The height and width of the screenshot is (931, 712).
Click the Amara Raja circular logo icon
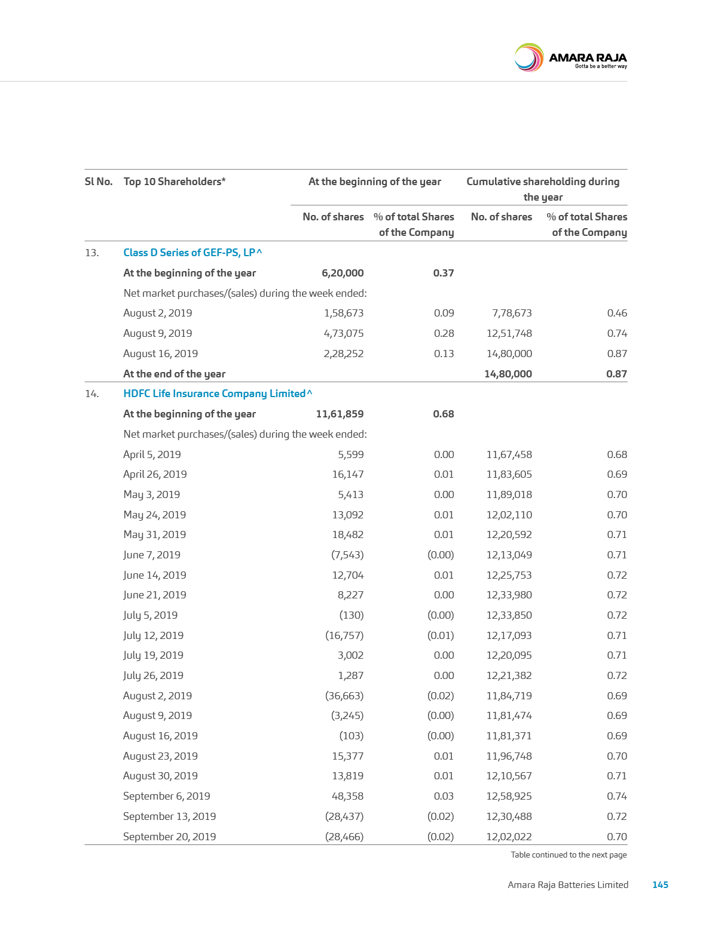point(528,58)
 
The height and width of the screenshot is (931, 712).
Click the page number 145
point(660,884)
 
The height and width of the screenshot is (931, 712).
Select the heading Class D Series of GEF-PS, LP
point(192,253)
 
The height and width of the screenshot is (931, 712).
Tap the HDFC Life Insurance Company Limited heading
point(217,394)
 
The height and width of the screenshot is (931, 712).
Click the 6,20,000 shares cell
point(342,273)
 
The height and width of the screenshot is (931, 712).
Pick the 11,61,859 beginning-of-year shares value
point(339,414)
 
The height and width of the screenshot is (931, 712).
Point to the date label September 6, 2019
point(166,796)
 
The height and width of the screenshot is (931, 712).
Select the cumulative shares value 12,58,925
point(509,796)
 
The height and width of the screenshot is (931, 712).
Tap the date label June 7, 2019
point(151,555)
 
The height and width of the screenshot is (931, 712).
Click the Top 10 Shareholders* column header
point(174,182)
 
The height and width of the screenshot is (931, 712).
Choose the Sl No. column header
point(99,182)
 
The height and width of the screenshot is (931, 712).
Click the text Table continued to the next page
point(569,855)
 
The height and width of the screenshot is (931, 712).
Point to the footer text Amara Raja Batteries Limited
point(568,884)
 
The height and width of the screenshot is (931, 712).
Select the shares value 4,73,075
point(343,333)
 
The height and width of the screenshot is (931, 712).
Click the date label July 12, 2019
point(153,635)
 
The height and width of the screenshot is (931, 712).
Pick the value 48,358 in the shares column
point(347,796)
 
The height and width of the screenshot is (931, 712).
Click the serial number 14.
point(91,394)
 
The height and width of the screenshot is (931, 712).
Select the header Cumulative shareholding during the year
point(543,189)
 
